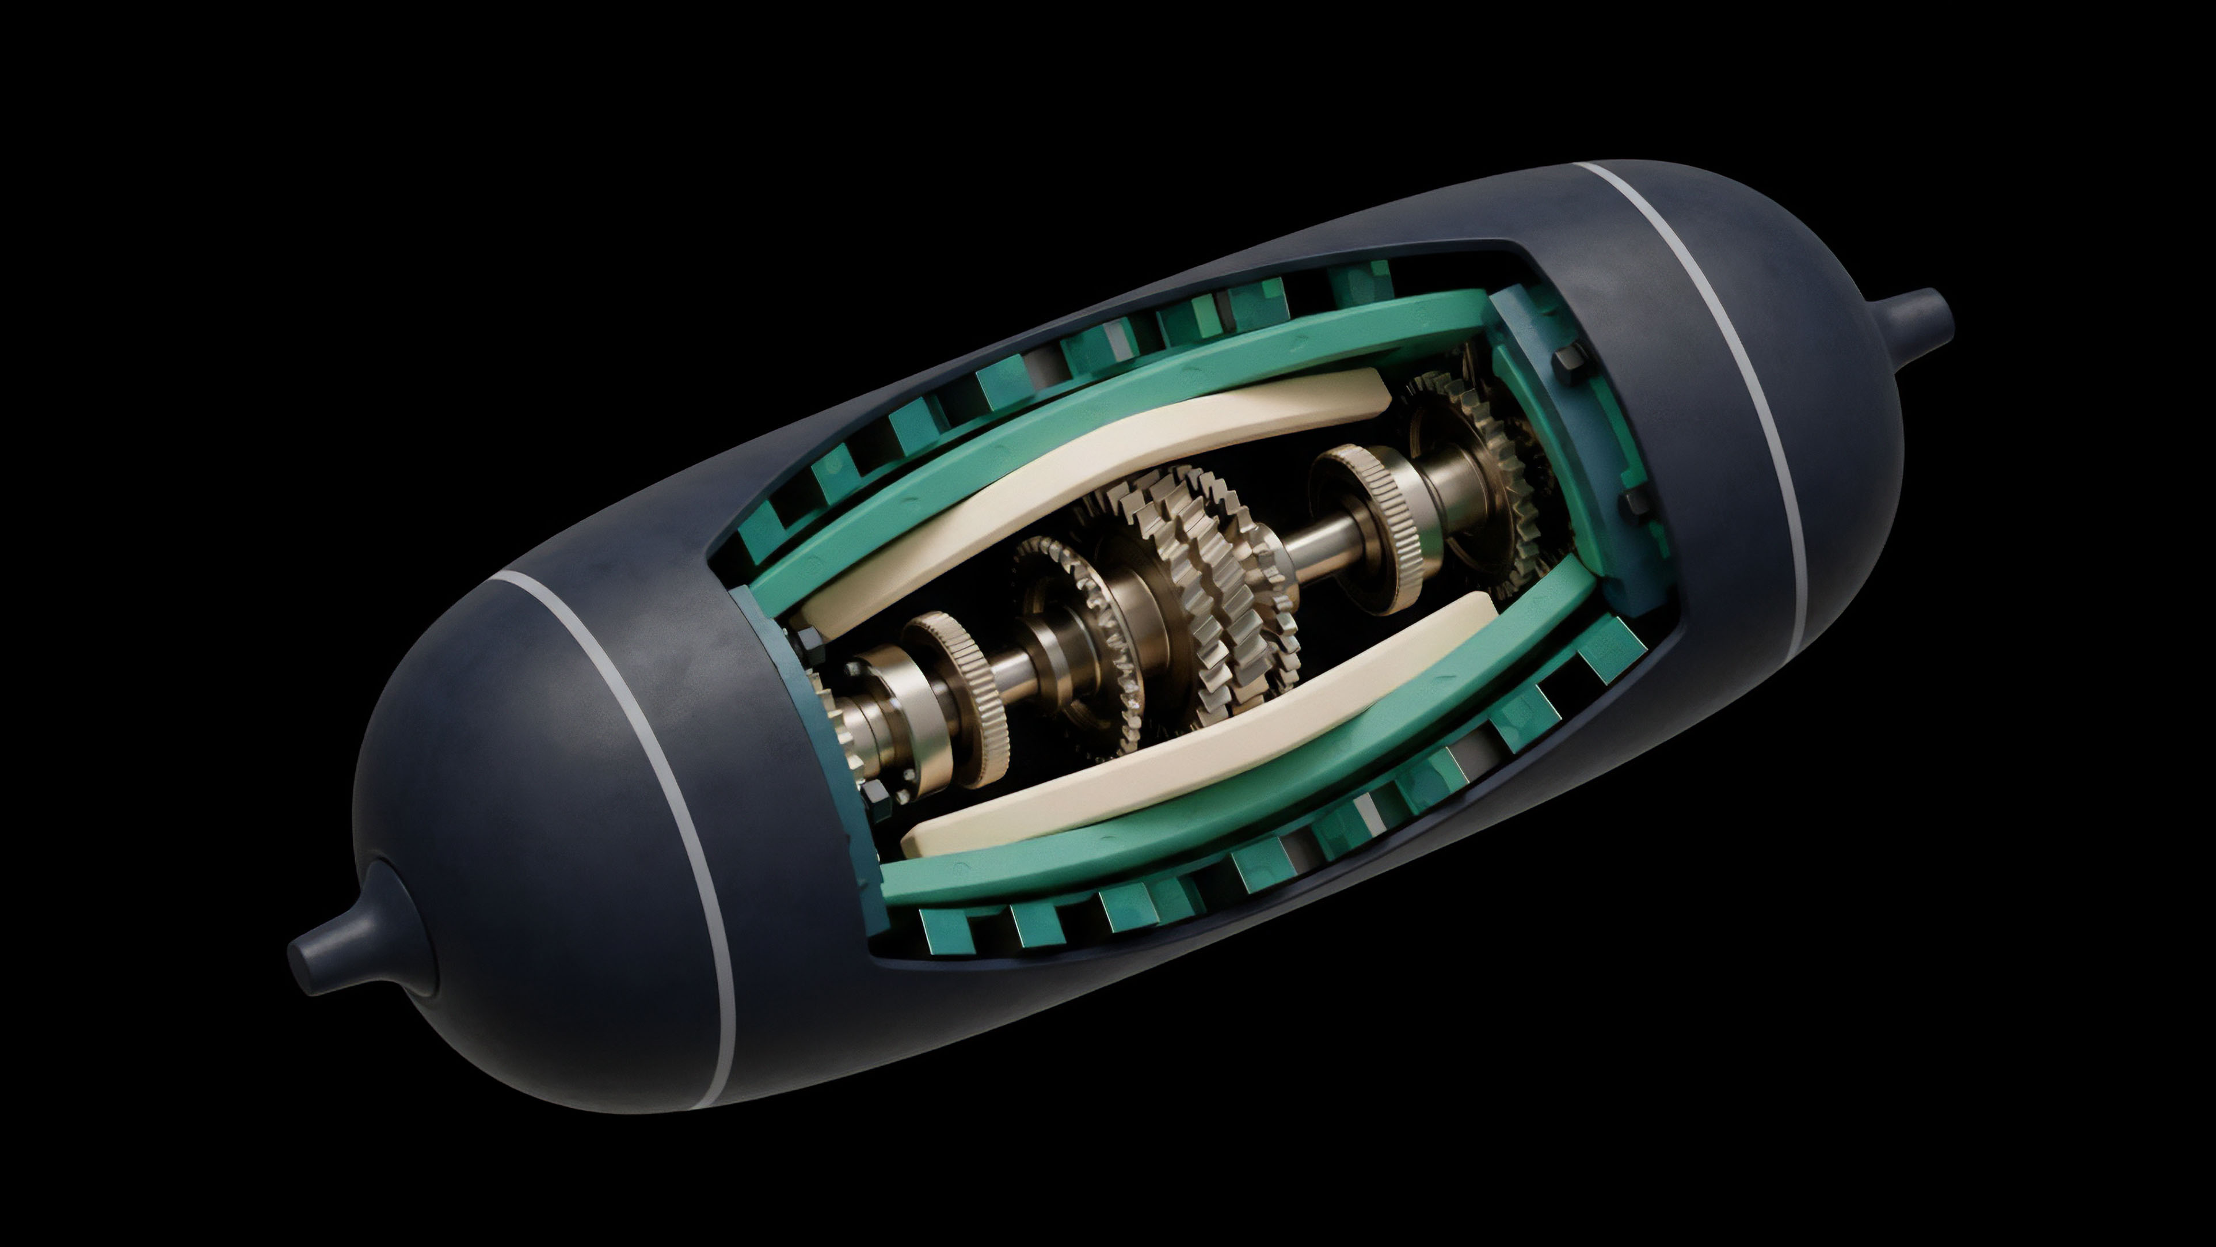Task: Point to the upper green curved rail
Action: (1118, 413)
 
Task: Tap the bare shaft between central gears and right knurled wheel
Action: (1316, 551)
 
